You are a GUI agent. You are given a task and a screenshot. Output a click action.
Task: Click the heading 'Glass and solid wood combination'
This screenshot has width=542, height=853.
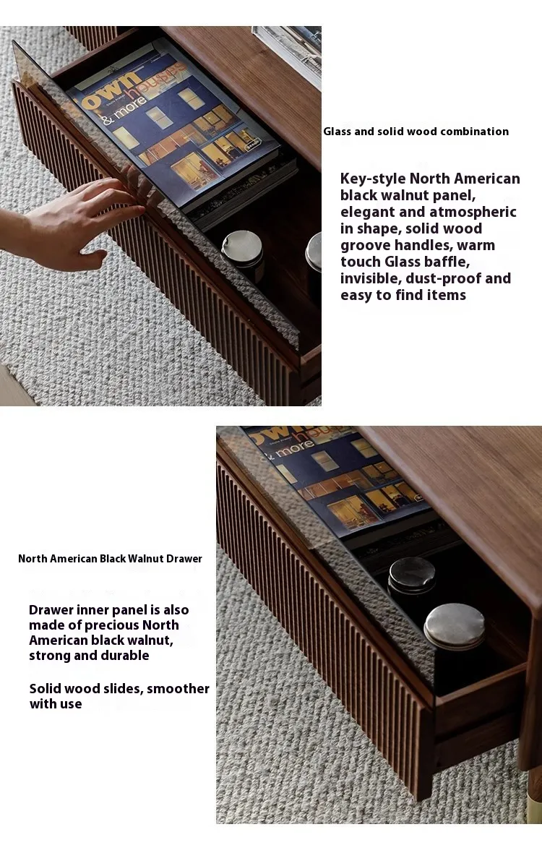pyautogui.click(x=416, y=131)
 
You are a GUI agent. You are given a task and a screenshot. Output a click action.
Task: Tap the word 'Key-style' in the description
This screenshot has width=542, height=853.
pyautogui.click(x=373, y=179)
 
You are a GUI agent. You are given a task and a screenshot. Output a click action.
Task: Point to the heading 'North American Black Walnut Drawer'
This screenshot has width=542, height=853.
pyautogui.click(x=110, y=559)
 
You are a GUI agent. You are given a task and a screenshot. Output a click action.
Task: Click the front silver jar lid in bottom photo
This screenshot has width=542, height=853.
pyautogui.click(x=455, y=626)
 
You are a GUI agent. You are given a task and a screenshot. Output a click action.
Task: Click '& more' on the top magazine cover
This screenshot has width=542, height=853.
pyautogui.click(x=124, y=111)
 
